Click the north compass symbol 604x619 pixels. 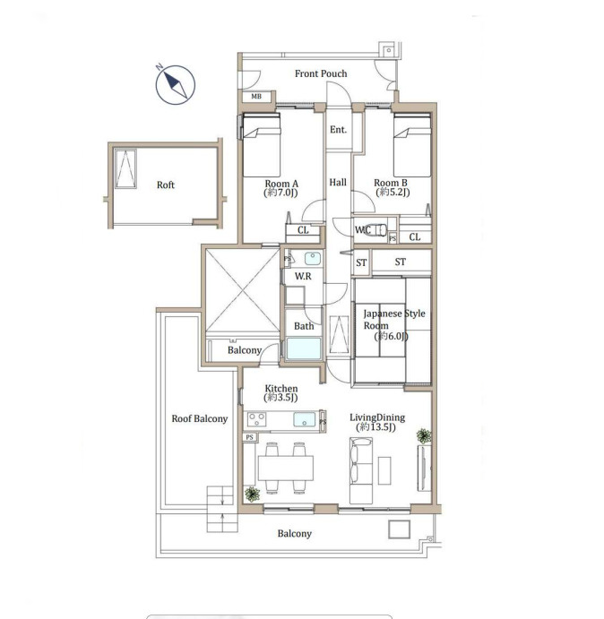176,85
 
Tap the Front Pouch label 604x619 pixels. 321,73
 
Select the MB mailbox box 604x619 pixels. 256,97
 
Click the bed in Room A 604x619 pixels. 262,145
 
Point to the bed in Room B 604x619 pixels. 412,145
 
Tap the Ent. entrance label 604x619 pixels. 338,130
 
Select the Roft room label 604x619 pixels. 166,185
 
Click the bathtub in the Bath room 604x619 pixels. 304,348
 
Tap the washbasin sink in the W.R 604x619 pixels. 313,259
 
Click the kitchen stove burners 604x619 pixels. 257,419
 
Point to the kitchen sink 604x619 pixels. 305,419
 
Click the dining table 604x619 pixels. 286,469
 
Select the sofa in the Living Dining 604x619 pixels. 361,470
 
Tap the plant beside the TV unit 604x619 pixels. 424,436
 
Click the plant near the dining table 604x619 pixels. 252,494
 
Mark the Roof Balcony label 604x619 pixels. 200,418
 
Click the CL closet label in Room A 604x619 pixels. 303,229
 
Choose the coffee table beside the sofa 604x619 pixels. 384,470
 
